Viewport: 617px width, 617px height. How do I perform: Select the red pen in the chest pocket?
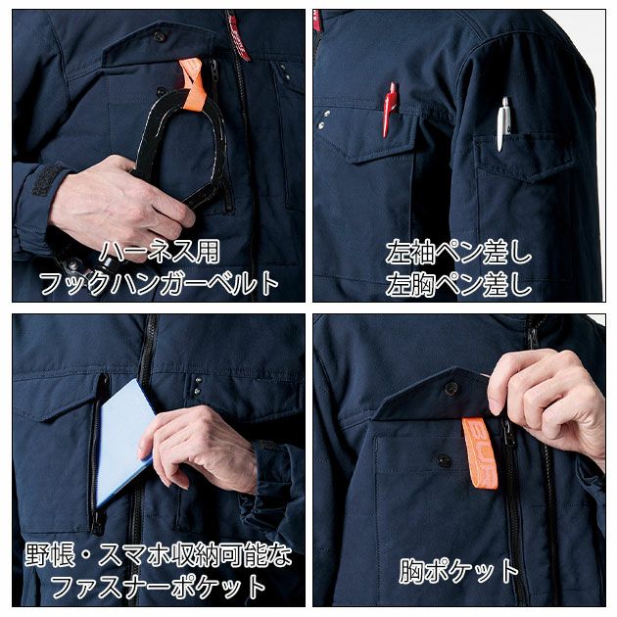click(390, 107)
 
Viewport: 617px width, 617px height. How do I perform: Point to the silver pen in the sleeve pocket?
click(503, 122)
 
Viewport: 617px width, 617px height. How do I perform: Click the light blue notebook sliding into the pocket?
click(123, 441)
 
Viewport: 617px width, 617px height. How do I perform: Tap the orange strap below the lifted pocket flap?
click(480, 451)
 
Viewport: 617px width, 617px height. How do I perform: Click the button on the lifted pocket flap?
click(451, 389)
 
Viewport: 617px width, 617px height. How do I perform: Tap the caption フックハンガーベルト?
click(158, 284)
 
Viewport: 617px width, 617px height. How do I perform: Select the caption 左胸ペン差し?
click(458, 284)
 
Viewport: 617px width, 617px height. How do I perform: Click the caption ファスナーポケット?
click(158, 587)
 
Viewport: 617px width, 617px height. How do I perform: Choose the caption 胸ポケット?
click(458, 571)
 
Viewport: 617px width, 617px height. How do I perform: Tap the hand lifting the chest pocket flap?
click(548, 392)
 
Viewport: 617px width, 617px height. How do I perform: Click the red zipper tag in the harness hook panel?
click(238, 34)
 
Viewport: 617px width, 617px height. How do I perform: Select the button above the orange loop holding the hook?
click(159, 36)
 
